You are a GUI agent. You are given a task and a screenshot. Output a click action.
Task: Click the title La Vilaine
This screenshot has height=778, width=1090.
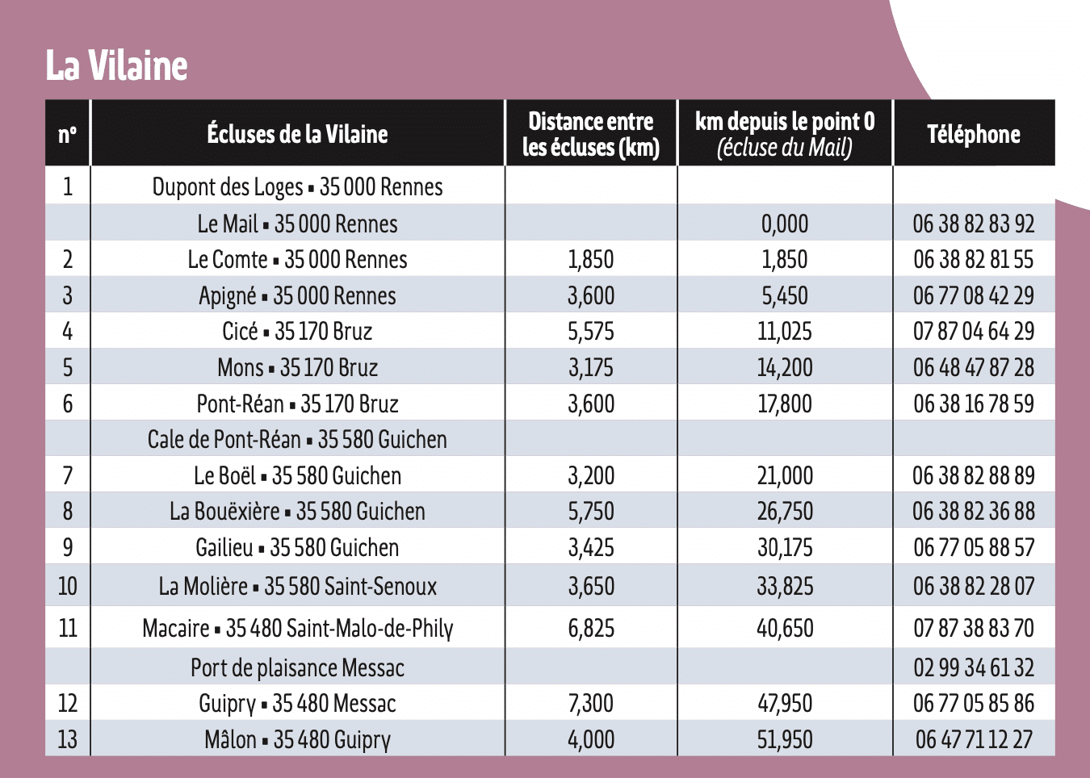click(116, 65)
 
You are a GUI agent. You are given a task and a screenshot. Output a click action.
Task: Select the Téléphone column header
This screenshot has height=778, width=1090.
click(973, 134)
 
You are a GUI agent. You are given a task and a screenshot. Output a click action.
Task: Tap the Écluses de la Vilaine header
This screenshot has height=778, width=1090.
click(297, 134)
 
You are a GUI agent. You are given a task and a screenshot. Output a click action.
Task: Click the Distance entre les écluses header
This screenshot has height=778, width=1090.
click(590, 134)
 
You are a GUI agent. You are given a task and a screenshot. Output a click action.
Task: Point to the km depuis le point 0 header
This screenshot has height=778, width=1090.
click(784, 134)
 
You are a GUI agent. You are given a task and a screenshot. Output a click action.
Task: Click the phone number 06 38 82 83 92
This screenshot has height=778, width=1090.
click(973, 224)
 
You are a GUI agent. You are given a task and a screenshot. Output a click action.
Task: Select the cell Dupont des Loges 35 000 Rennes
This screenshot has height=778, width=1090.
click(297, 187)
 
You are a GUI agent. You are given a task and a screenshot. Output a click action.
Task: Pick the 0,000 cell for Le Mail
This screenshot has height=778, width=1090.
click(784, 224)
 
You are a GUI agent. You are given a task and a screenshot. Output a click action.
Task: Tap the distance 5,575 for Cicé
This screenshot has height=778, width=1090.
click(590, 332)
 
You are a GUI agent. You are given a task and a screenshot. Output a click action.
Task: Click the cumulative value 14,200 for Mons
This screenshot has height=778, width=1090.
click(784, 368)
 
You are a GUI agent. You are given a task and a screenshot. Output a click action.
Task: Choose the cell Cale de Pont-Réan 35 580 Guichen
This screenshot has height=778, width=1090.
click(297, 440)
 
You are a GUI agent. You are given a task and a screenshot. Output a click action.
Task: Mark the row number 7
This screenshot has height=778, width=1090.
click(68, 476)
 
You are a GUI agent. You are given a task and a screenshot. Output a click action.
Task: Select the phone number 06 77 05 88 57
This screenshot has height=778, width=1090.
click(973, 548)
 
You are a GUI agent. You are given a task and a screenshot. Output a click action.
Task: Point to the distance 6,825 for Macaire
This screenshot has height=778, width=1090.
click(590, 628)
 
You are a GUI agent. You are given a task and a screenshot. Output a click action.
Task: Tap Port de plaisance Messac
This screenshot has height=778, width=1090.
click(297, 668)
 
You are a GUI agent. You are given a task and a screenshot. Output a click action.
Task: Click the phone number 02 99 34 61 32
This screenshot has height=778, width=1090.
click(973, 668)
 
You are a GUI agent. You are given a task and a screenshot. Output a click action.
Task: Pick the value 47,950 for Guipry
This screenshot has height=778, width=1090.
click(784, 704)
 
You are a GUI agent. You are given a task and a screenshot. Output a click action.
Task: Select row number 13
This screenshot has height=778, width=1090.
click(68, 739)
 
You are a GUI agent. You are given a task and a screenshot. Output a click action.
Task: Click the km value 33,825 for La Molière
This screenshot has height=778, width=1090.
click(784, 587)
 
